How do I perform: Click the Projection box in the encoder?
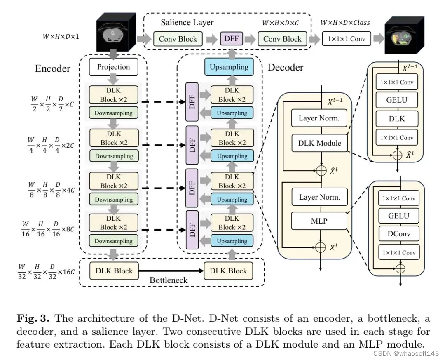point(113,67)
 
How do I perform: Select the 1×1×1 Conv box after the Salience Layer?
point(347,39)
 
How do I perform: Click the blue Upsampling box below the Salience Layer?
point(229,67)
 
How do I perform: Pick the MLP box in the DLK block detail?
point(319,221)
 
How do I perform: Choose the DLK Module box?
point(319,143)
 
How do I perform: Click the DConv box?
point(399,234)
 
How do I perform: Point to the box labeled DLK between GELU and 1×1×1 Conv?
point(397,119)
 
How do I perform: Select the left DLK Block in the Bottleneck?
point(114,271)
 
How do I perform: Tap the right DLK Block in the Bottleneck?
point(228,271)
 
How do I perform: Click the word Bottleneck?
point(168,280)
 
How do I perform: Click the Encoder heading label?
point(53,68)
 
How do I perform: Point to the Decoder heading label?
point(286,67)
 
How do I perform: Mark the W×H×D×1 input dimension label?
point(61,37)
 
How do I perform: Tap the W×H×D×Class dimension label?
point(345,22)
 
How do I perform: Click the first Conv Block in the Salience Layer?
point(178,39)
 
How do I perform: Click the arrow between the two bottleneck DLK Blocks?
point(171,271)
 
